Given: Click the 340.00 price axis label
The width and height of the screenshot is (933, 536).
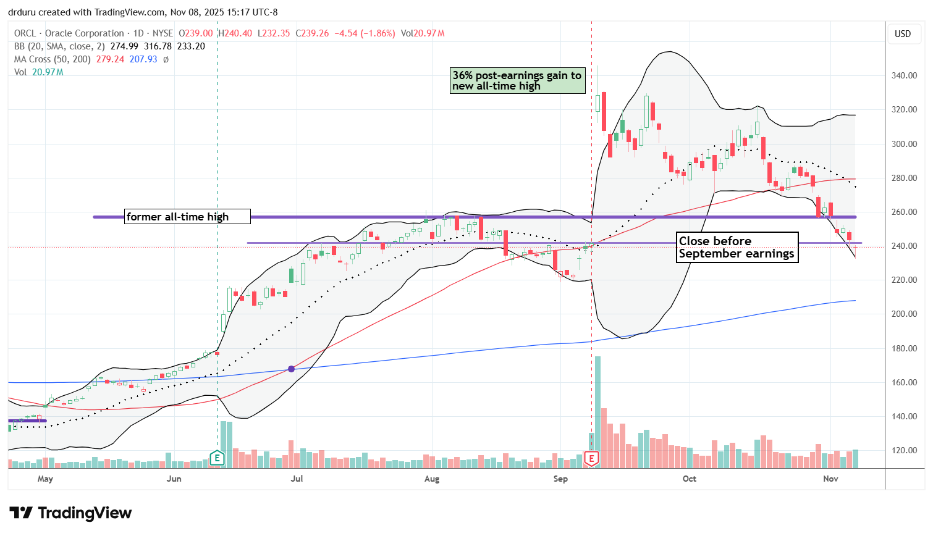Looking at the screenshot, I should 904,75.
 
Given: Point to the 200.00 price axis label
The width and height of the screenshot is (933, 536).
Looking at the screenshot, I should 904,314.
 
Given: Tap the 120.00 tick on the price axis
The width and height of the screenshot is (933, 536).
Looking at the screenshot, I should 904,450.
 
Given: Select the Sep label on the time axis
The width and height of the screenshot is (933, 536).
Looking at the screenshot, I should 560,479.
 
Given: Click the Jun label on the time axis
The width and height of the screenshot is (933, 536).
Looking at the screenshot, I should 174,479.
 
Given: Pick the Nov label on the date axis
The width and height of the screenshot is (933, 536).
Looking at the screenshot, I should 830,479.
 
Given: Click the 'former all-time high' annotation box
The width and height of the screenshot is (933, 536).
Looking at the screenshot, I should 187,216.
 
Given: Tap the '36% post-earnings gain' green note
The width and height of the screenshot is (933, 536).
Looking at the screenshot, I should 517,81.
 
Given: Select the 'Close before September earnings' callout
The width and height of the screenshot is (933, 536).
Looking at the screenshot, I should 737,247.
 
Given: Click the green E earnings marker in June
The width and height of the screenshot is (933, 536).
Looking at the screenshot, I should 217,458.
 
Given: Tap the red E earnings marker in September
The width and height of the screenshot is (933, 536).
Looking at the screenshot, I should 592,458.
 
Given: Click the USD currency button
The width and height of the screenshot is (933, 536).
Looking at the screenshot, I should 903,34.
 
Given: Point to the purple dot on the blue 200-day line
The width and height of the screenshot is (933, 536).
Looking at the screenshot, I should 291,369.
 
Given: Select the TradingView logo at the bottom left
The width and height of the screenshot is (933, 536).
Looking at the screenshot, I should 70,513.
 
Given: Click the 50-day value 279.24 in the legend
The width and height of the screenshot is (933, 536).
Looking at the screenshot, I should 110,59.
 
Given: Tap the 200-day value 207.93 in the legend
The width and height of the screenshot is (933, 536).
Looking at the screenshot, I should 143,59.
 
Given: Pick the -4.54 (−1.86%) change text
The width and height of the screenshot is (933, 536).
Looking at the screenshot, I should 365,33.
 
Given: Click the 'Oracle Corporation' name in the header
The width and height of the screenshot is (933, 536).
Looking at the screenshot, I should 85,33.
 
